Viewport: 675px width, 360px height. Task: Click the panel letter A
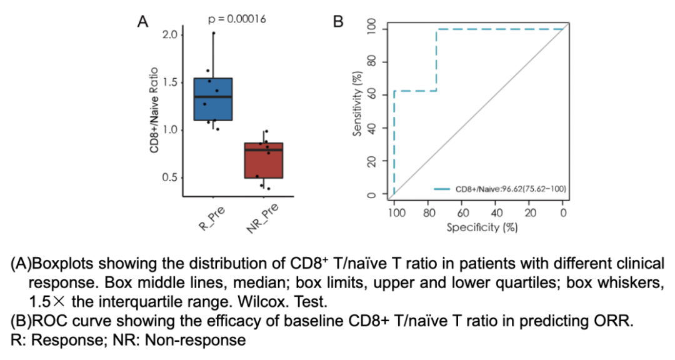[143, 22]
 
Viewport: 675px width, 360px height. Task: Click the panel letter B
[338, 22]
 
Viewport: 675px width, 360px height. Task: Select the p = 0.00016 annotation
[237, 19]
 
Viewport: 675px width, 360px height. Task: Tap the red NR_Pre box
[263, 161]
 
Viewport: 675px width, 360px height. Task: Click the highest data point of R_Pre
[213, 33]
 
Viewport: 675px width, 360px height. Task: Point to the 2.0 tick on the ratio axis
[170, 34]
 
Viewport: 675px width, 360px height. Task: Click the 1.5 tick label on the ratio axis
[170, 82]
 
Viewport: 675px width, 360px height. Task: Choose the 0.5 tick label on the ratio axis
[170, 177]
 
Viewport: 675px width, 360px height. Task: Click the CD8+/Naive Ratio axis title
[153, 111]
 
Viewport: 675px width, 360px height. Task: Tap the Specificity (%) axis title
[482, 227]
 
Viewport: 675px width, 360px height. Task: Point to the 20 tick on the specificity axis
[530, 212]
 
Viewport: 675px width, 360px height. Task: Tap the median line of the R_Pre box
[213, 97]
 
